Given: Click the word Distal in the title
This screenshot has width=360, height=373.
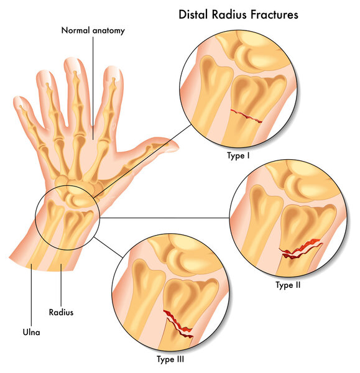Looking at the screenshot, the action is (193, 14).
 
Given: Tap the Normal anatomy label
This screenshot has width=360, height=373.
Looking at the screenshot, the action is (93, 30).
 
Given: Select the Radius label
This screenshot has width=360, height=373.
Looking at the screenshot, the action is (61, 312).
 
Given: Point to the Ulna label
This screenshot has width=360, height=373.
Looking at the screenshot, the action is (32, 332).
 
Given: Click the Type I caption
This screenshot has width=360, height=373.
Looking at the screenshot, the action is (238, 156).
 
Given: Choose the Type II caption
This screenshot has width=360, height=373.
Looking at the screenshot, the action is (288, 285).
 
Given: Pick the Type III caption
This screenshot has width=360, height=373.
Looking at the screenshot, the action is (170, 359).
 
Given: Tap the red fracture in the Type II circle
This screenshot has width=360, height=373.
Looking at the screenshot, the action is (300, 249).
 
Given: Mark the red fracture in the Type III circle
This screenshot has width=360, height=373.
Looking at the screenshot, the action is (178, 325).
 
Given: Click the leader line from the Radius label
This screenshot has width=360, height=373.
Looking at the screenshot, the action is (61, 285).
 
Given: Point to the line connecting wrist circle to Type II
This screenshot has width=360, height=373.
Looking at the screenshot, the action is (165, 218).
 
